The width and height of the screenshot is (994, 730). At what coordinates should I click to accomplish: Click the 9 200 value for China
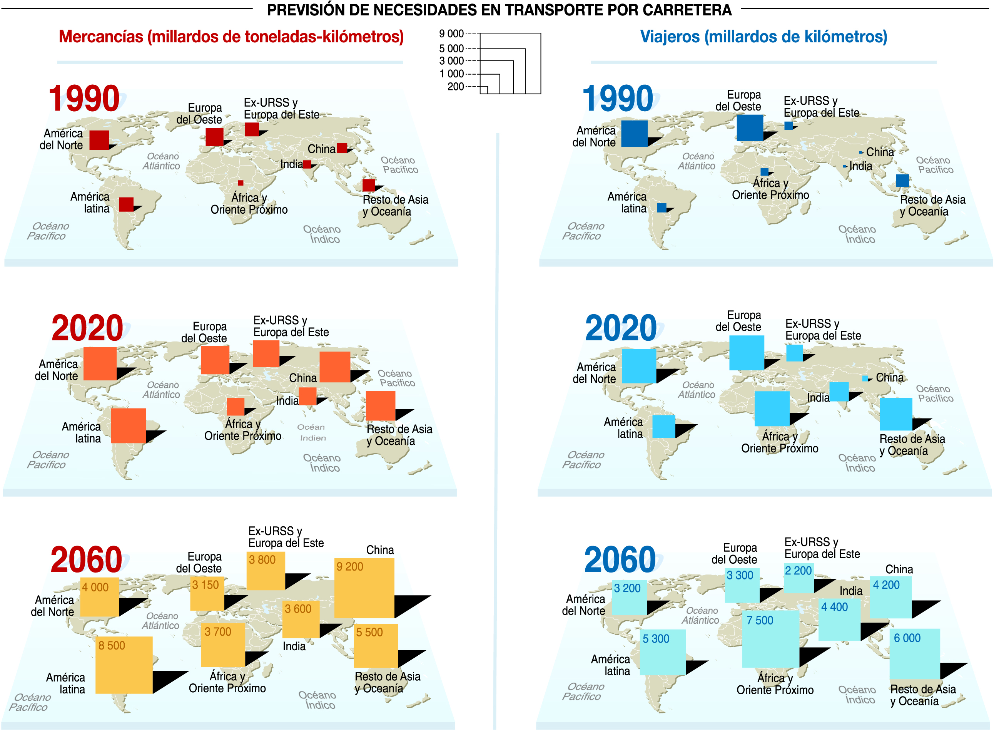[x=349, y=566]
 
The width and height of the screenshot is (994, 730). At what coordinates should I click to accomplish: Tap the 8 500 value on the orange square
[x=112, y=646]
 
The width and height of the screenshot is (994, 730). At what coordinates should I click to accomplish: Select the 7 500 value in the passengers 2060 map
[x=760, y=620]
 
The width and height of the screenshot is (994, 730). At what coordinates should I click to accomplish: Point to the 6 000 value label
[x=907, y=638]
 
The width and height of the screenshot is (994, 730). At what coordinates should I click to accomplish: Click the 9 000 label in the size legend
[x=451, y=33]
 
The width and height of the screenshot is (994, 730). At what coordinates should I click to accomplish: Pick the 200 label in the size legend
[x=455, y=87]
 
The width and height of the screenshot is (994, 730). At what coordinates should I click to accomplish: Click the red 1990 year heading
[x=84, y=98]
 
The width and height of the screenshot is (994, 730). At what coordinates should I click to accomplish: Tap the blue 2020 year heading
[x=621, y=328]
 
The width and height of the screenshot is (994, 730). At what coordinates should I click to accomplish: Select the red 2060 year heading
[x=87, y=559]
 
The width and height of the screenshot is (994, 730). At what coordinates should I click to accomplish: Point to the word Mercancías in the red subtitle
[x=101, y=37]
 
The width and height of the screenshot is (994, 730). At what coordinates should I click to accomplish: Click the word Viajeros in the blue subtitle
[x=670, y=37]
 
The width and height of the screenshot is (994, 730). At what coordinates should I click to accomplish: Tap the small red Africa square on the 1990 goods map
[x=241, y=183]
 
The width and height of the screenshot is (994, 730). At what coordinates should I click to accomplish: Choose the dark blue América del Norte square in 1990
[x=634, y=134]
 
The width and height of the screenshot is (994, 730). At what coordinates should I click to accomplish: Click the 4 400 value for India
[x=834, y=607]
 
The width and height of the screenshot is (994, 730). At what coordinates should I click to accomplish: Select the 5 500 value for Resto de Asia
[x=369, y=632]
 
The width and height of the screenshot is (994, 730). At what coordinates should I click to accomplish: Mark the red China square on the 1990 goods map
[x=342, y=148]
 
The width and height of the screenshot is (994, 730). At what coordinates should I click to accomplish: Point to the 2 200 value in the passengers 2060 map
[x=798, y=571]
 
